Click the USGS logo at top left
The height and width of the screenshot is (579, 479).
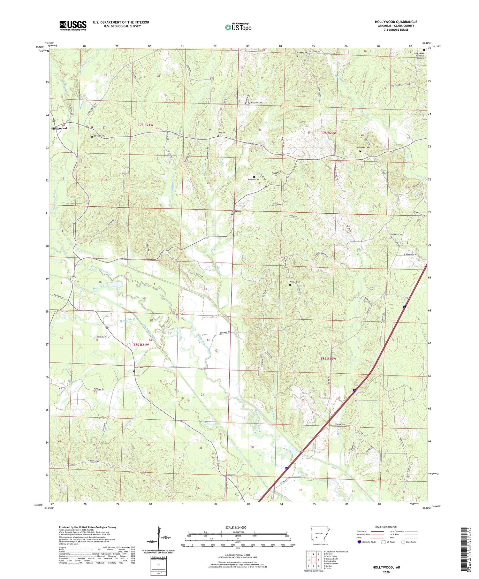(x=73, y=26)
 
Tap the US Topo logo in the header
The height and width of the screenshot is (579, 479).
(x=238, y=27)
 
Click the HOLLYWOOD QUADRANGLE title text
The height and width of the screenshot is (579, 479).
(x=396, y=22)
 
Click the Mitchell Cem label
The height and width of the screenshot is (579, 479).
(x=256, y=103)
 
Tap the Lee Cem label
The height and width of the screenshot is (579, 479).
(x=221, y=133)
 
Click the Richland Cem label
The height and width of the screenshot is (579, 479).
(x=396, y=234)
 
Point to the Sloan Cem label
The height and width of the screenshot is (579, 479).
(x=138, y=368)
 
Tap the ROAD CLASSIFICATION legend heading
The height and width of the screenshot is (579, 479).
(x=386, y=527)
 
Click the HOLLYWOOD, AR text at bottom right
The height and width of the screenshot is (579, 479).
(x=386, y=567)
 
